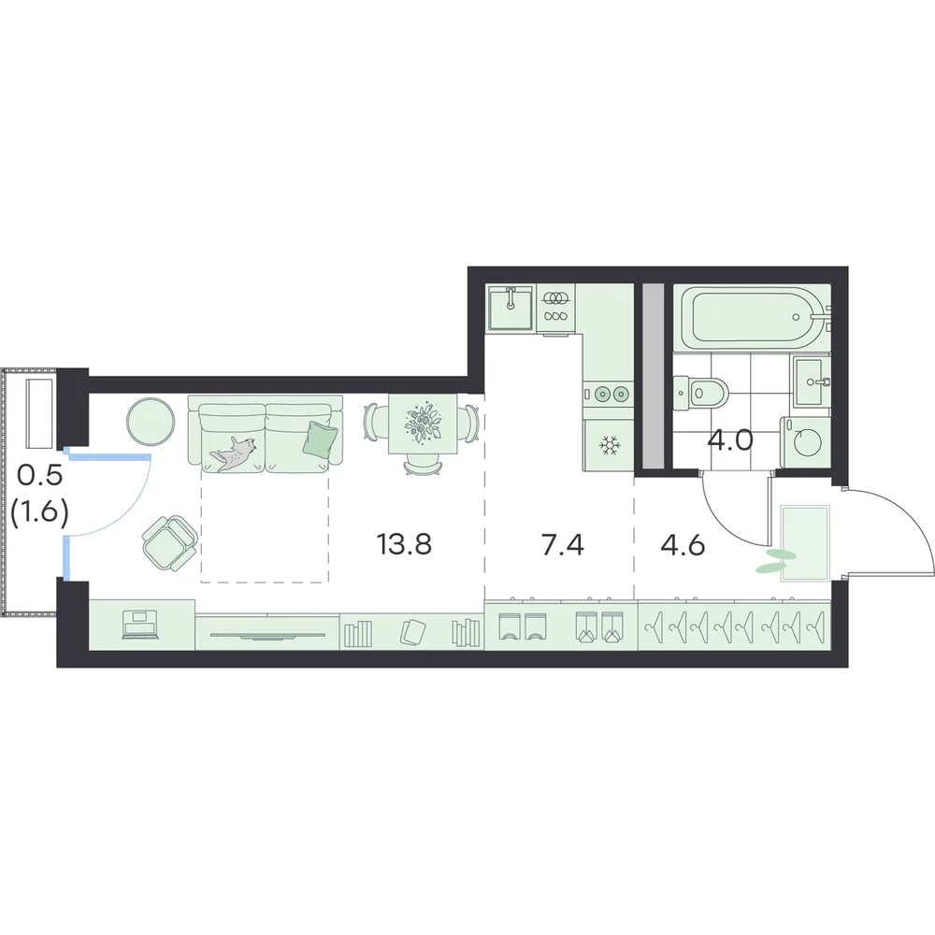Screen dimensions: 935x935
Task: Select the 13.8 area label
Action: click(404, 544)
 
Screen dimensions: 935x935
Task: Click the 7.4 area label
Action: click(562, 544)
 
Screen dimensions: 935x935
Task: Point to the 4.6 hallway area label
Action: click(683, 544)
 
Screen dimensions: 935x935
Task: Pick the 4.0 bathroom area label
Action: click(730, 441)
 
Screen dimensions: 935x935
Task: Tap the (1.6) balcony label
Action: click(38, 511)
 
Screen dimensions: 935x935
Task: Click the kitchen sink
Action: click(511, 307)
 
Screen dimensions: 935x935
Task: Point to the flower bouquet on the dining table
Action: click(423, 424)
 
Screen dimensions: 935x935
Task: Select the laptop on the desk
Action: click(140, 625)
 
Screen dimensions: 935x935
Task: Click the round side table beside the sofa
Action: click(151, 422)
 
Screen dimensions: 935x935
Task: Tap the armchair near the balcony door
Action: click(170, 542)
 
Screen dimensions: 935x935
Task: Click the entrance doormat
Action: click(805, 542)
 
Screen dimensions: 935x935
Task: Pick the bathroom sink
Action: click(812, 380)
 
